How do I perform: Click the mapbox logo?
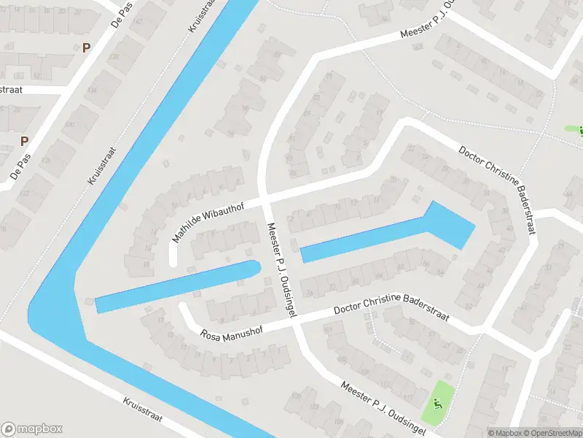coord(32,429)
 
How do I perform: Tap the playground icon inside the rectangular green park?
coord(437,402)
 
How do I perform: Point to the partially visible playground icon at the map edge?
coord(579,131)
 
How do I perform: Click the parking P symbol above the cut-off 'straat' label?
coord(87,48)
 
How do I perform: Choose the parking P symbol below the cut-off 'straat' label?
coord(24,141)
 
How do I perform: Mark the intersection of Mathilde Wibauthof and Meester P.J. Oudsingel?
coord(266,198)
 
